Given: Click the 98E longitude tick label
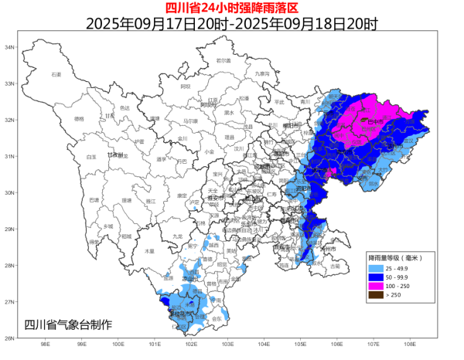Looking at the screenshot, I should point(45,345).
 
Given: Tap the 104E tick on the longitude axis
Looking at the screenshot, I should point(264,345).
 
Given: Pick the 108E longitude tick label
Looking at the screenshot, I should point(409,345).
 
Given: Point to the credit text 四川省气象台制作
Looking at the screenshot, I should point(68,324).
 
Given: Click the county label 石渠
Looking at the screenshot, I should point(56,74).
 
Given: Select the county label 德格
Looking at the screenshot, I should point(79,119).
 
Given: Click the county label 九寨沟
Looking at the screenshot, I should point(263,73).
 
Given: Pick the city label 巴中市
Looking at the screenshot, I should point(377,121).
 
